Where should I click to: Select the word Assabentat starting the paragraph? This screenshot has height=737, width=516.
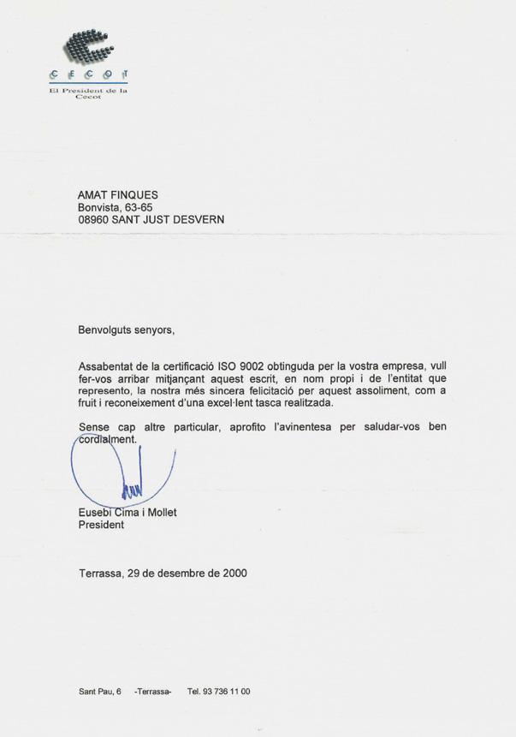pyautogui.click(x=108, y=366)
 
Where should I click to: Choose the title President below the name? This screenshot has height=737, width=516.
pyautogui.click(x=101, y=525)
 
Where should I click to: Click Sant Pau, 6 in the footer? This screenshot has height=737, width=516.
pyautogui.click(x=100, y=692)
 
